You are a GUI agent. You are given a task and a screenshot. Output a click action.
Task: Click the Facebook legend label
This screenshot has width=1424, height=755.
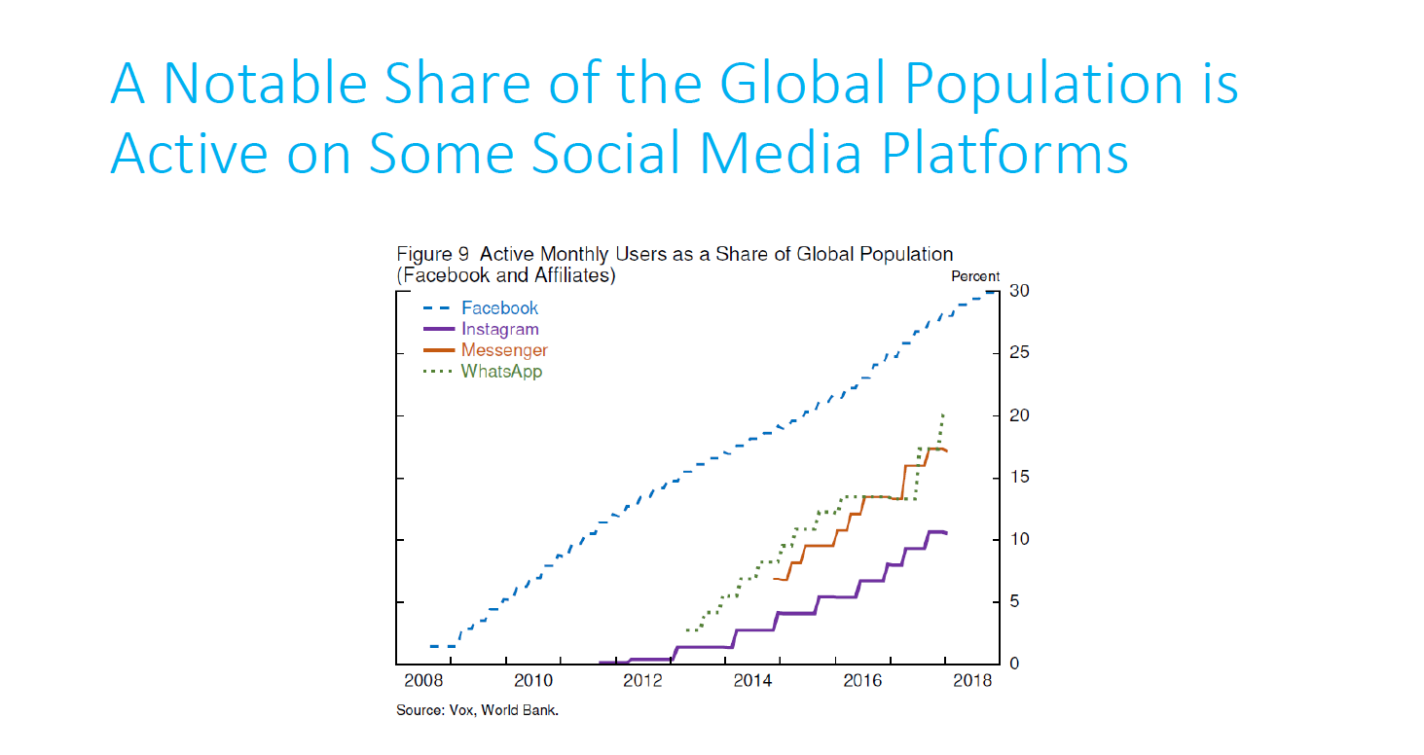499,308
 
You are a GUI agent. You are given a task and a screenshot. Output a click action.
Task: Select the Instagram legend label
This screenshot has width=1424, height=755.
499,330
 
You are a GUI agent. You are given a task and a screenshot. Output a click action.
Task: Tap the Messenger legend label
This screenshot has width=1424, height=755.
504,350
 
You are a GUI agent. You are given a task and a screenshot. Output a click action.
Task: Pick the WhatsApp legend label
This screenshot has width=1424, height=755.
501,372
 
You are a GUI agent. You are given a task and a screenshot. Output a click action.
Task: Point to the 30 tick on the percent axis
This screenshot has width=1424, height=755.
1019,292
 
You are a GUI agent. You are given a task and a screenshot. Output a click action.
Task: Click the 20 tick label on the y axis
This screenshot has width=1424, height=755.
1019,416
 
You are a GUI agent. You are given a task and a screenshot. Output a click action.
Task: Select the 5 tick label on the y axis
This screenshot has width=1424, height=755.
1015,602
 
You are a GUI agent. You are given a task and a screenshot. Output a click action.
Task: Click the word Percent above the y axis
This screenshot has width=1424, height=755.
975,276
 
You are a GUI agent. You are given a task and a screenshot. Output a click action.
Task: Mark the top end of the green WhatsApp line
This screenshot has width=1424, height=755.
943,415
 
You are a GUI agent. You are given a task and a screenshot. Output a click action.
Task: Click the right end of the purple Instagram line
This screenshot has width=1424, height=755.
946,533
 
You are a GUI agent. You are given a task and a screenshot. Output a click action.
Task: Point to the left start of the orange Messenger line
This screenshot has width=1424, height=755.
774,579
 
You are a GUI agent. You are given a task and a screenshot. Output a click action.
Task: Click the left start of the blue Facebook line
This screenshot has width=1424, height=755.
430,646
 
